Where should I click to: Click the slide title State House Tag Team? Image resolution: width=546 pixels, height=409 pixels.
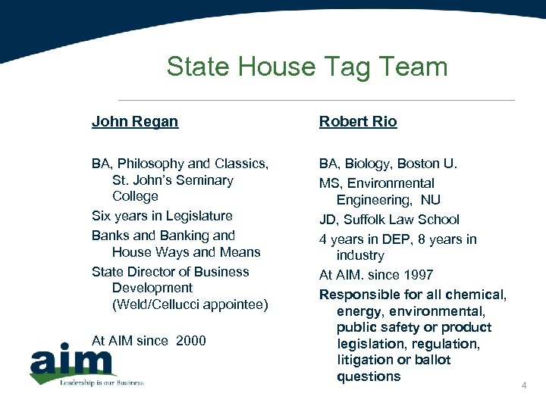click(307, 67)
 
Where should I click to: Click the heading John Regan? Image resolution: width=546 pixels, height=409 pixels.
click(135, 121)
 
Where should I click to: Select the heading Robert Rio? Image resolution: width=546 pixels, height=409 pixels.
click(358, 121)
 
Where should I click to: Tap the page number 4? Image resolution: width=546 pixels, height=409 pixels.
click(523, 386)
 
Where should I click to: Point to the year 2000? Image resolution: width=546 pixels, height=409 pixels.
click(190, 341)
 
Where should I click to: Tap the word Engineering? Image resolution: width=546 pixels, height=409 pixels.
click(372, 200)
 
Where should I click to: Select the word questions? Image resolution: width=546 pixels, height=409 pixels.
click(369, 376)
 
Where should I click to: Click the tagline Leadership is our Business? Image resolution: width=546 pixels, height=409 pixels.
click(102, 382)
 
